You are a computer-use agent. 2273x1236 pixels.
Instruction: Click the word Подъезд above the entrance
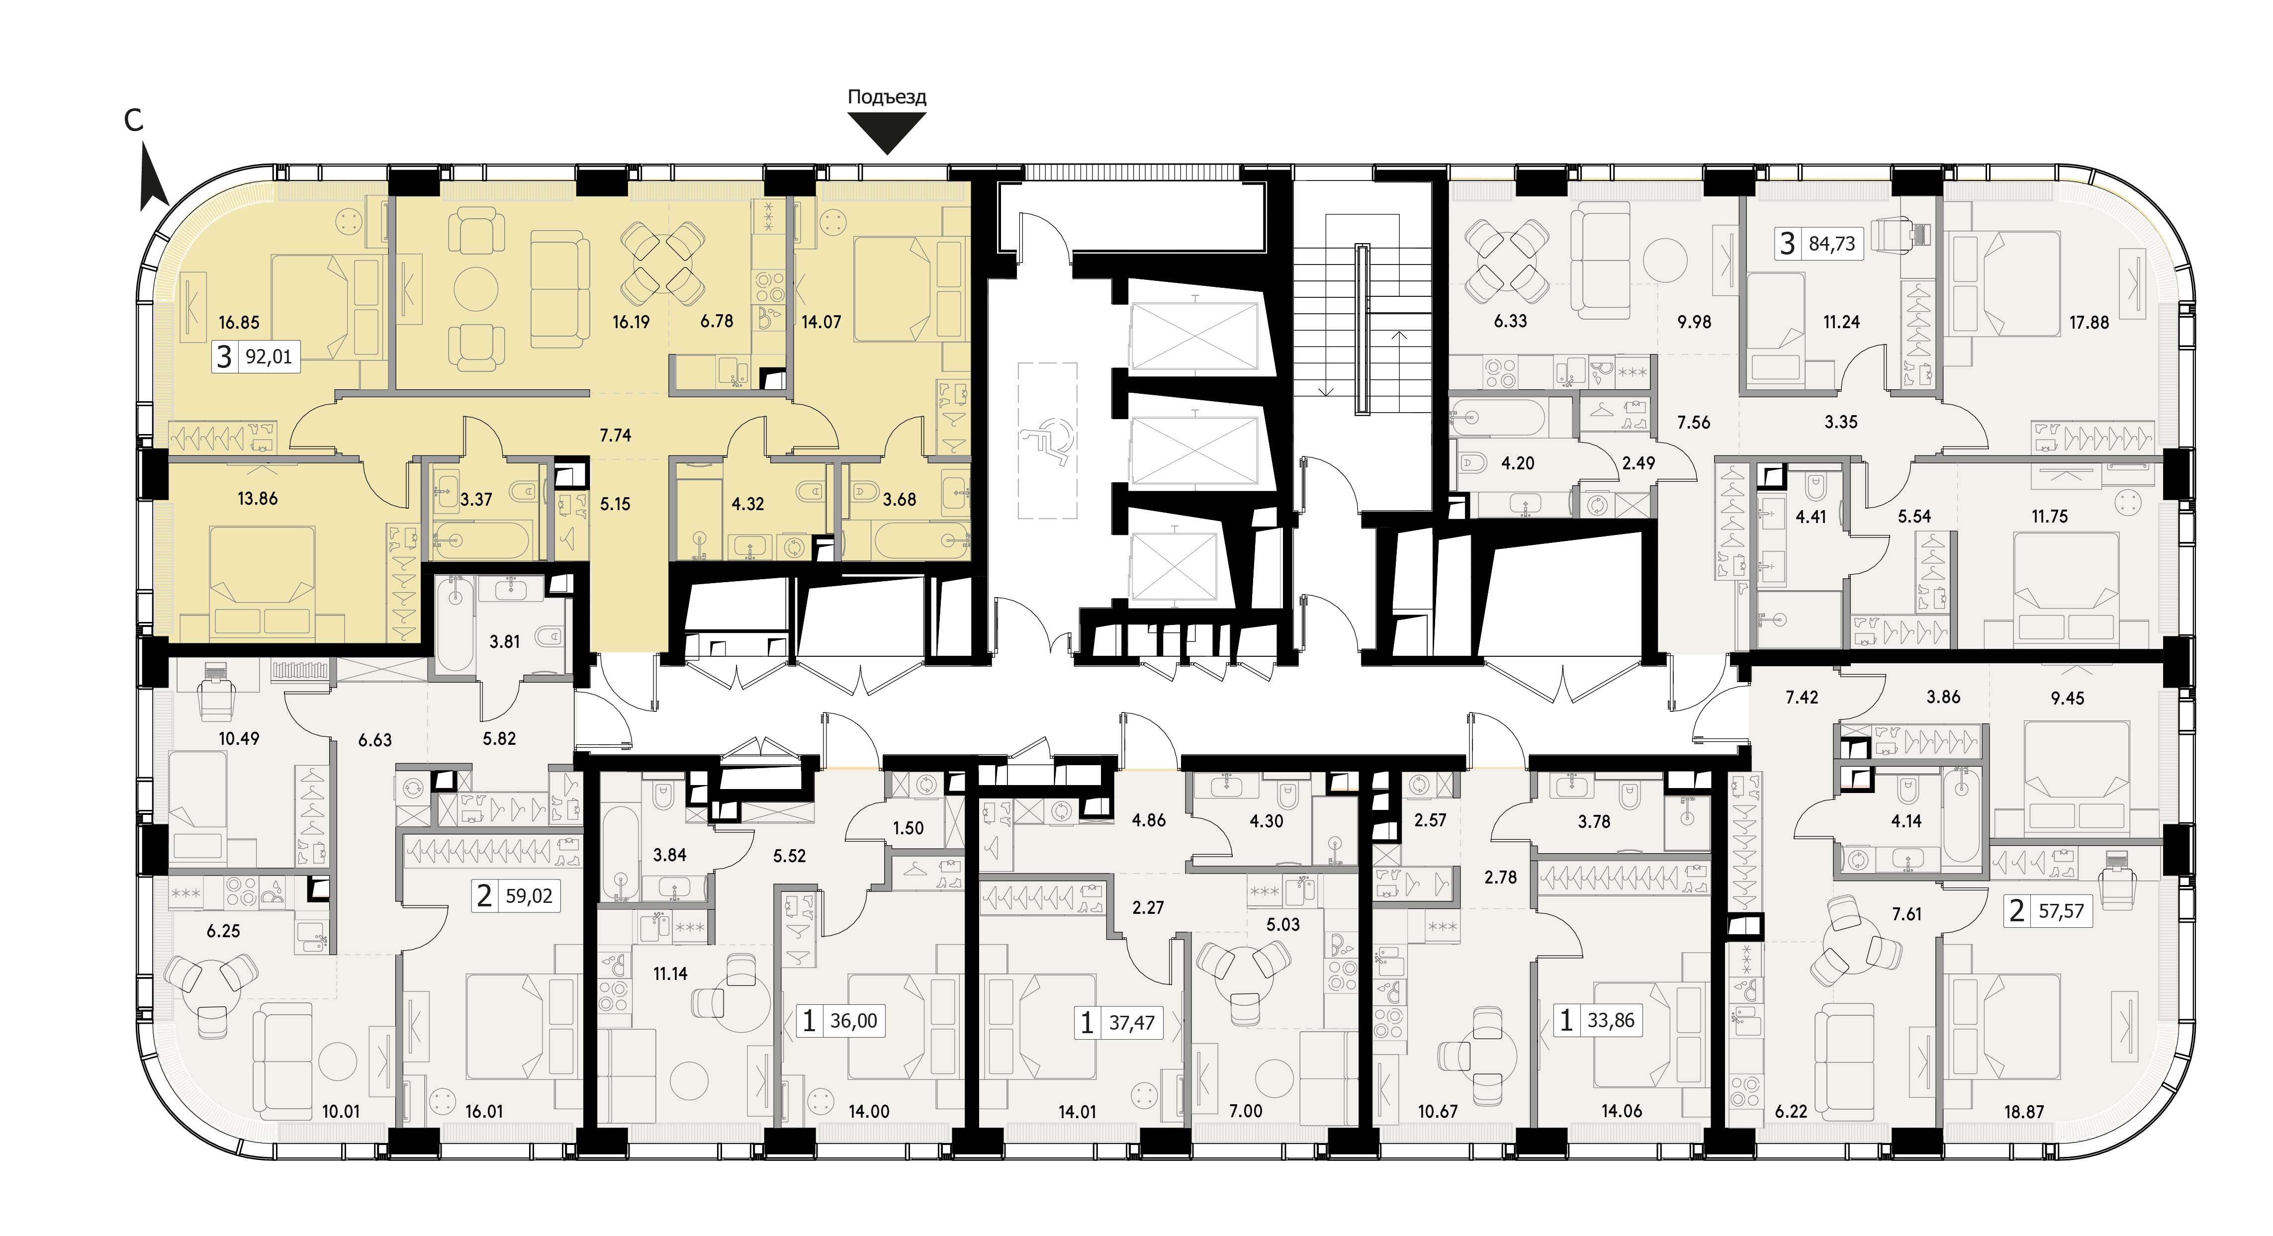(x=887, y=97)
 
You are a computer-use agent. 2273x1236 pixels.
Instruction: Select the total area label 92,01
(x=268, y=357)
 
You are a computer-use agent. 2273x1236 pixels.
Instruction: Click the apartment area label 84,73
(x=1832, y=244)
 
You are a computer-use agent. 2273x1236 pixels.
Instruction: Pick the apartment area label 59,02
(x=529, y=896)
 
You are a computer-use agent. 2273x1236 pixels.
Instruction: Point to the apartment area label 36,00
(x=853, y=1021)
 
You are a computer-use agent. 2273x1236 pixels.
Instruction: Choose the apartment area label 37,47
(x=1131, y=1023)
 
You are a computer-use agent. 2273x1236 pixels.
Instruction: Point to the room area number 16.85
(x=239, y=323)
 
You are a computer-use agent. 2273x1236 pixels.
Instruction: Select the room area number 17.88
(x=2089, y=323)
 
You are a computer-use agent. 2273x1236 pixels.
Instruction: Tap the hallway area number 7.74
(x=615, y=435)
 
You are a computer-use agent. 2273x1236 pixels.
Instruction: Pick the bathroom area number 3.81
(x=505, y=641)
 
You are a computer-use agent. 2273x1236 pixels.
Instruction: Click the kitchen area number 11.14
(x=670, y=974)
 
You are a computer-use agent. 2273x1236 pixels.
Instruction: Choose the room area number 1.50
(x=908, y=828)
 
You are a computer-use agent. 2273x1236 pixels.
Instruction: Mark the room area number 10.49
(x=239, y=738)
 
